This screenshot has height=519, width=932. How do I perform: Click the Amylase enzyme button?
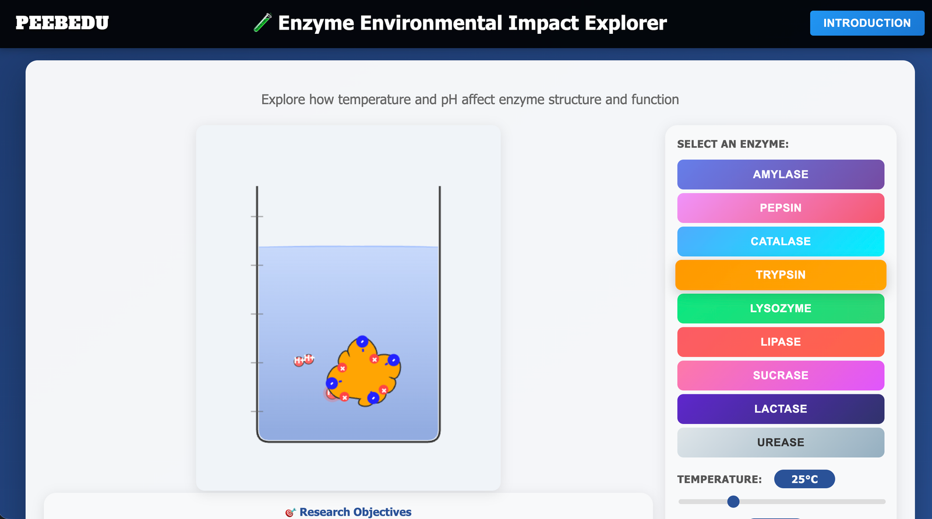coord(781,174)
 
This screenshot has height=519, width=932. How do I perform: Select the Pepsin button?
coord(781,208)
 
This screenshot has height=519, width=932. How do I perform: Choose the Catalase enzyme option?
coord(781,241)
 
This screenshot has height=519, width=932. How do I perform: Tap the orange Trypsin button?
coord(781,275)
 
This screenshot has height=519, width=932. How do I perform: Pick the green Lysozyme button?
coord(781,308)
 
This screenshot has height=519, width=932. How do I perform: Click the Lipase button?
coord(781,342)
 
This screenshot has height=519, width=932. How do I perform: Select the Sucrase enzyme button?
coord(781,375)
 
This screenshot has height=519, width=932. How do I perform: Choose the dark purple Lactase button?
coord(781,409)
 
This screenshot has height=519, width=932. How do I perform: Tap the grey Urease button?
coord(781,442)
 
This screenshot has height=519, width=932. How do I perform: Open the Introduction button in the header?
coord(867,23)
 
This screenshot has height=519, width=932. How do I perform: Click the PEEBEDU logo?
coord(62,23)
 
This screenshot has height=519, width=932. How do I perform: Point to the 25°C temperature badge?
coord(804,479)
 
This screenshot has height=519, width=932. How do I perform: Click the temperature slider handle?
coord(733,502)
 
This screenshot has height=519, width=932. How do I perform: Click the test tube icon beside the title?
coord(263,23)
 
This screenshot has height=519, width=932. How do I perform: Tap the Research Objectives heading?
coord(355,512)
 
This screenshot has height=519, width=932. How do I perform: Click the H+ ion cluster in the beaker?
coord(303,360)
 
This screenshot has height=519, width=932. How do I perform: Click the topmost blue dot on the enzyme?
coord(362,341)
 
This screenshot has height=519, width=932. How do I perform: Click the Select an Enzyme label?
coord(733,144)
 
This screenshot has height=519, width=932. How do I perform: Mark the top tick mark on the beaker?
coord(257,217)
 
